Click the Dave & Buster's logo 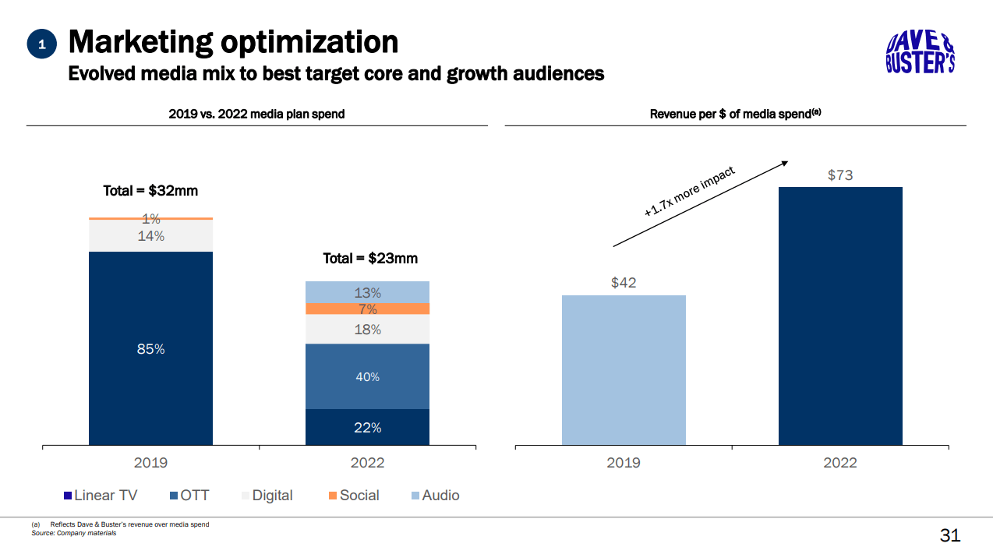click(x=921, y=53)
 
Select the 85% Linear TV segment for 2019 click(x=150, y=348)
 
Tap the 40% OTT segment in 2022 click(x=367, y=376)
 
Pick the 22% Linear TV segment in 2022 click(x=367, y=427)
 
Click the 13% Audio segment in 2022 click(x=367, y=292)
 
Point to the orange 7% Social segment click(x=367, y=309)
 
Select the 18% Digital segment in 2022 click(x=367, y=329)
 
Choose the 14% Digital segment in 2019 click(x=150, y=236)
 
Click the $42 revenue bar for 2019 click(x=624, y=370)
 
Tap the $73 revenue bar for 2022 click(x=840, y=316)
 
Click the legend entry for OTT click(x=189, y=496)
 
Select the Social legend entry click(x=353, y=496)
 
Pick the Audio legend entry click(x=435, y=496)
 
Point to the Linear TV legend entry click(x=101, y=496)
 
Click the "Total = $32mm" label click(x=145, y=191)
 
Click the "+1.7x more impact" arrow click(x=700, y=204)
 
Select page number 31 click(x=950, y=536)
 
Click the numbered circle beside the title click(x=42, y=45)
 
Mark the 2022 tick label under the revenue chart click(x=840, y=463)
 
